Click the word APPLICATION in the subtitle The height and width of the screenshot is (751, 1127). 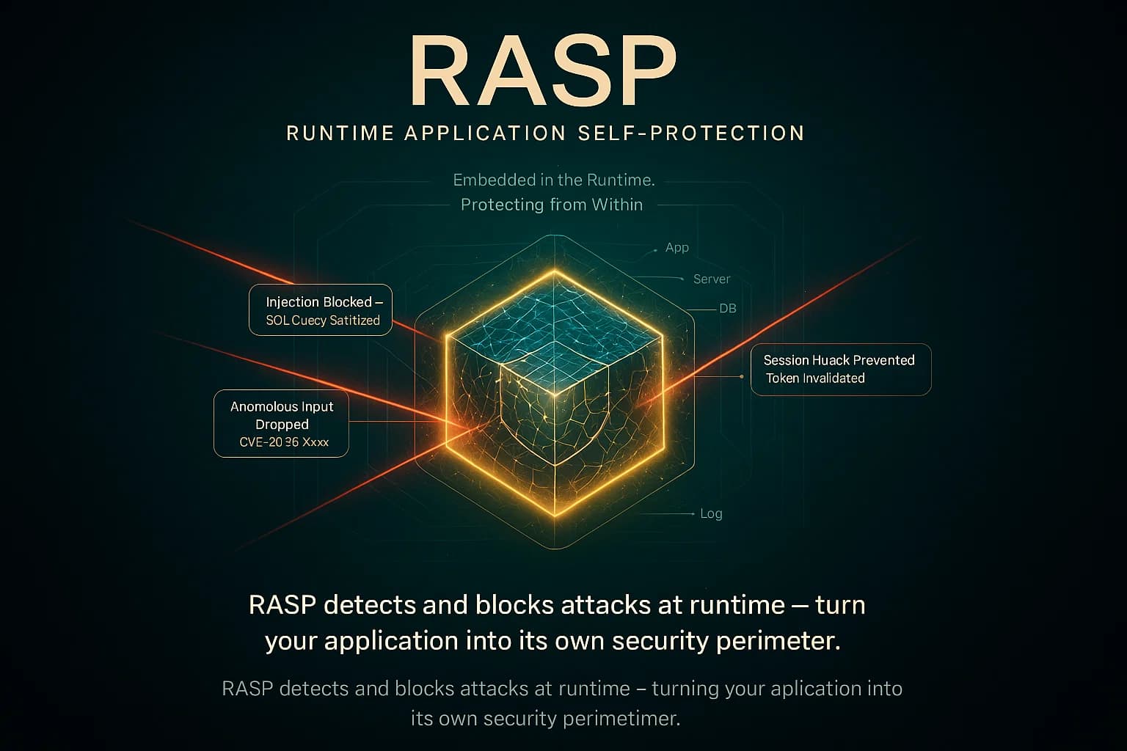(485, 133)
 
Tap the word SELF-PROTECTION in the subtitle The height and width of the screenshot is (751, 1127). (691, 133)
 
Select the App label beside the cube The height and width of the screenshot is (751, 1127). (676, 248)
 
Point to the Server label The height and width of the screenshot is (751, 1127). (711, 279)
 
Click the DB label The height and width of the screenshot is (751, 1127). (727, 309)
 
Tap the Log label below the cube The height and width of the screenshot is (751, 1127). (710, 513)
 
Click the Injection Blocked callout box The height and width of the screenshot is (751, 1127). (321, 309)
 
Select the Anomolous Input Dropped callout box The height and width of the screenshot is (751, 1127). (281, 423)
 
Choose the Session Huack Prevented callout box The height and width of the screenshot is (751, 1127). (840, 369)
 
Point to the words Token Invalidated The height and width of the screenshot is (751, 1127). (815, 378)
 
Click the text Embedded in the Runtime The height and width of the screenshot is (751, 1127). (553, 180)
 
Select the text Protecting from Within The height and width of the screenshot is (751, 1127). (551, 205)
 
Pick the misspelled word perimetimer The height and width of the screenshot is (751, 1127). (622, 718)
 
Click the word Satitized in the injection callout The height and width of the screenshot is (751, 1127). (355, 320)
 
